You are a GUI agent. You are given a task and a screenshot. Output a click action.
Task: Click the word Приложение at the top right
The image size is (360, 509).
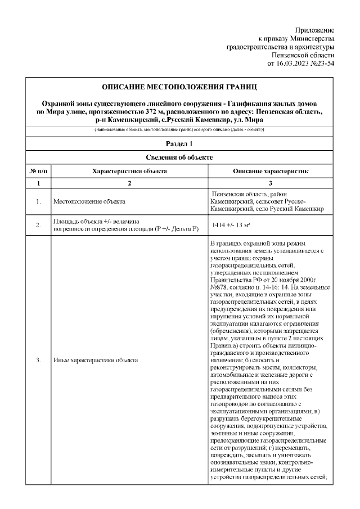click(315, 30)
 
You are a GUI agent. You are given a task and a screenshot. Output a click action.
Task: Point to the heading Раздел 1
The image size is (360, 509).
click(179, 145)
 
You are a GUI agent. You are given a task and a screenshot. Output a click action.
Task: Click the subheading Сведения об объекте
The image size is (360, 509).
click(179, 157)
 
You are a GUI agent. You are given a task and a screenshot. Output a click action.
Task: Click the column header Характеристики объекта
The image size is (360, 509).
click(129, 170)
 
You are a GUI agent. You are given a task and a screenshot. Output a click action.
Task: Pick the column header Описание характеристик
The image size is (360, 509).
click(271, 170)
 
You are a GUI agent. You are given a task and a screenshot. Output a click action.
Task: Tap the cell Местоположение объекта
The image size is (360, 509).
click(89, 201)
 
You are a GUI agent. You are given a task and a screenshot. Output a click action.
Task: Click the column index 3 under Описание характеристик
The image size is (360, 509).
click(271, 183)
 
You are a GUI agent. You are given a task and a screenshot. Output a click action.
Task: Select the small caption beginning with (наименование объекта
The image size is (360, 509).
click(179, 130)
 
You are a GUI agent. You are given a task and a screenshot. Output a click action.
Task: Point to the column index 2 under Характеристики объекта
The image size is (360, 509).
click(129, 183)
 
